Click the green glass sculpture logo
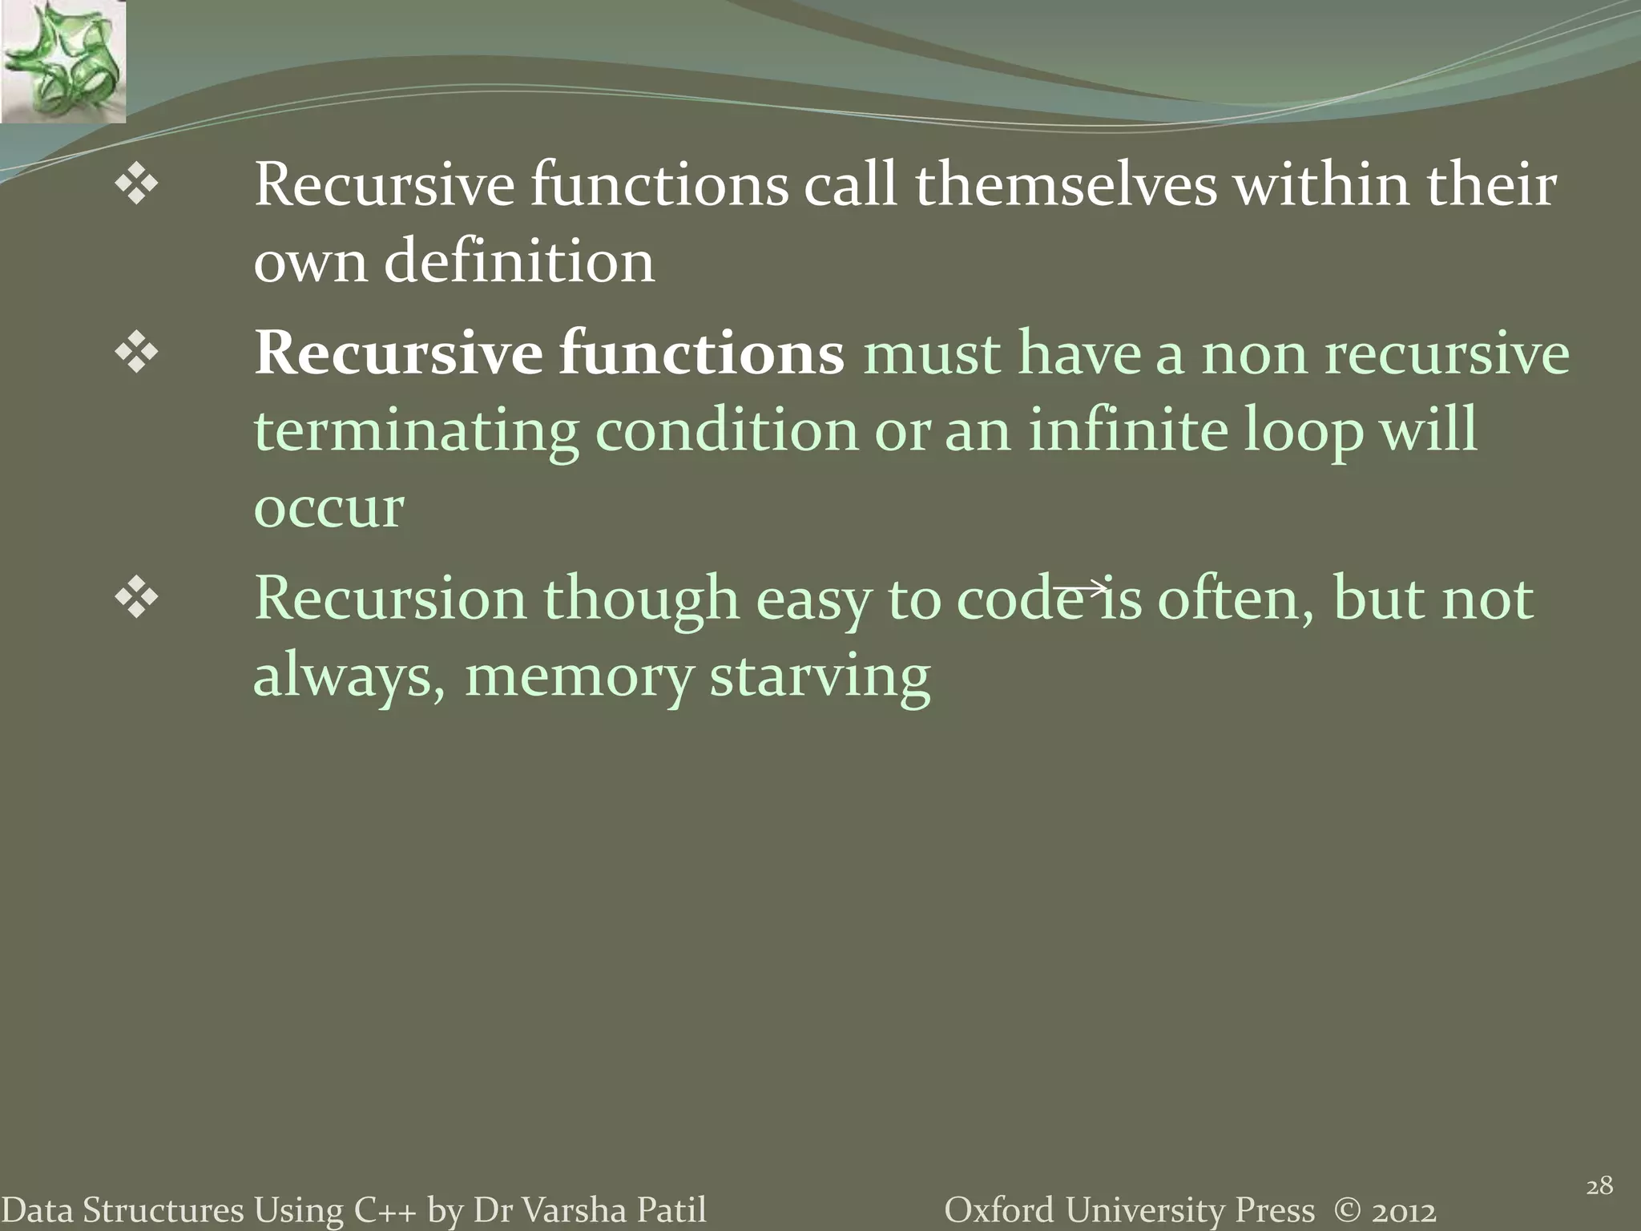tap(62, 61)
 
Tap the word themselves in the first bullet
tap(1066, 186)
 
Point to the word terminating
tap(416, 431)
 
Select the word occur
tap(329, 508)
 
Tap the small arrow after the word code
tap(1080, 589)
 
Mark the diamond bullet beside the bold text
tap(137, 353)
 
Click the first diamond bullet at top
tap(137, 186)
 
